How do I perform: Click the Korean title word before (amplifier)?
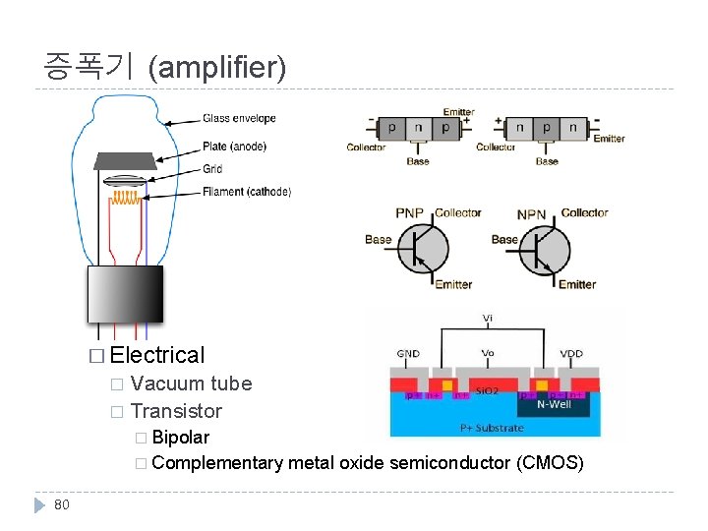88,67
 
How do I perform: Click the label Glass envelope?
239,119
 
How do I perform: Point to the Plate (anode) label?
234,147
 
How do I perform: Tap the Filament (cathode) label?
247,192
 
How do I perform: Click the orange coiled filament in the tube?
125,198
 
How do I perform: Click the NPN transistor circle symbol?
545,248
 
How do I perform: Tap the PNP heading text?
410,213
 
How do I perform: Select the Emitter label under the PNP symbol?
453,285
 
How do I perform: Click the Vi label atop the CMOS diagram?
489,319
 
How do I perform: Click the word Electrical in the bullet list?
158,355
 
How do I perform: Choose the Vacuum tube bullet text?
191,383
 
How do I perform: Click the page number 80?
62,504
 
